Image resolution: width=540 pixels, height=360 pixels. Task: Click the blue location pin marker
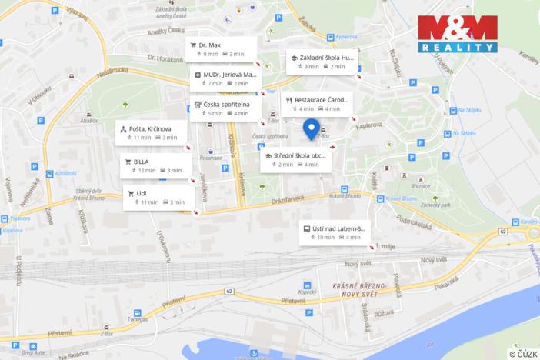(312, 128)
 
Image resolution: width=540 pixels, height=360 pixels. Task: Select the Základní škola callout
(321, 62)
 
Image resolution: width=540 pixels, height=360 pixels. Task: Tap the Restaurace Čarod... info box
(315, 104)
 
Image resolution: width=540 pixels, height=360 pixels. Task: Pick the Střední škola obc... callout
(295, 159)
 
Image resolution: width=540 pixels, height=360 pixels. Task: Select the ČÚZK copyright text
(523, 353)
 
